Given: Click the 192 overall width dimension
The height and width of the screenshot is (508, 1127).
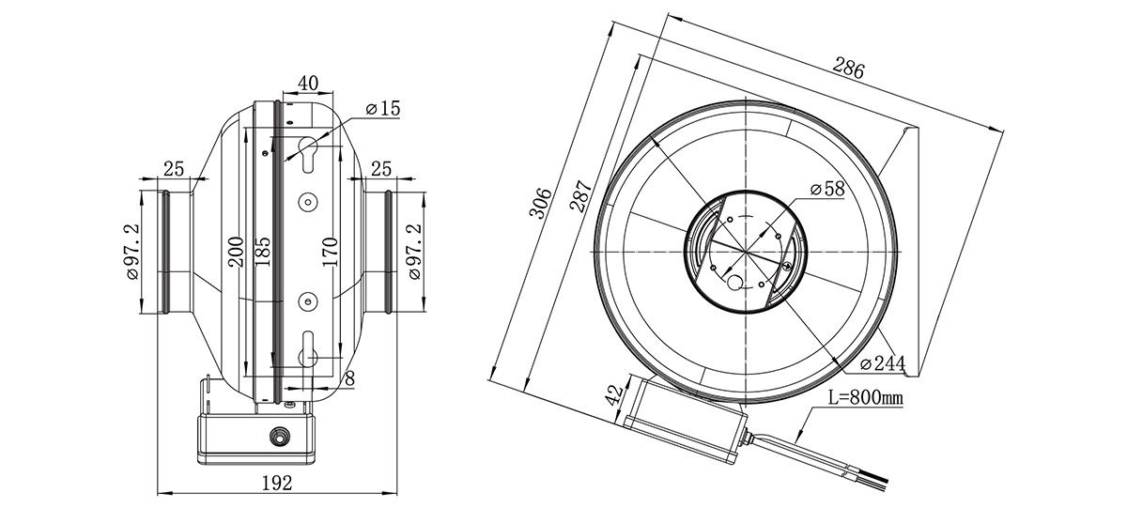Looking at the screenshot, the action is (x=277, y=484).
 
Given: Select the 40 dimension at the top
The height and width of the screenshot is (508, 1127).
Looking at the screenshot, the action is (x=308, y=83).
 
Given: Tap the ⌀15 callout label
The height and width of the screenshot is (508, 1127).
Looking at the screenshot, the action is (x=383, y=108).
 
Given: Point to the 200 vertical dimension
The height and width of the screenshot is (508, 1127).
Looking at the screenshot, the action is (x=236, y=252).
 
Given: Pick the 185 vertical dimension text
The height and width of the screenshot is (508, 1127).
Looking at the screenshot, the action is (x=262, y=252).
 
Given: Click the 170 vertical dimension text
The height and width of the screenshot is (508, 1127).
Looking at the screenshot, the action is (x=329, y=252).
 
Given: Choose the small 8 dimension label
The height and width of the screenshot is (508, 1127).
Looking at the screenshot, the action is (x=349, y=378).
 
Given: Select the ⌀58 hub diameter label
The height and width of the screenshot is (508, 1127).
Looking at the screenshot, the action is (x=827, y=189).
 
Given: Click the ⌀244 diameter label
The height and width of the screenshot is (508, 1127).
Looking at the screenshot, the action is (x=883, y=362).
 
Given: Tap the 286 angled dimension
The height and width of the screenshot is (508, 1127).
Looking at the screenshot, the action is (x=849, y=69).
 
